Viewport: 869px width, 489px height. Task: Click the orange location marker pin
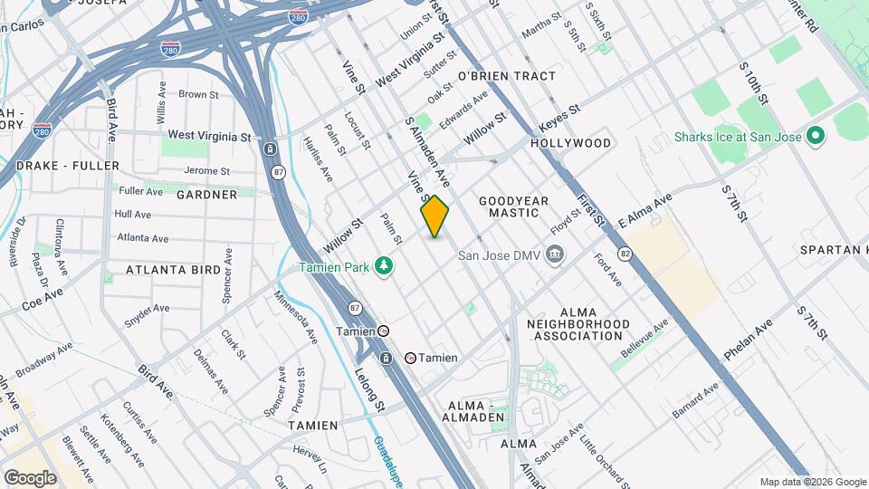coord(435,216)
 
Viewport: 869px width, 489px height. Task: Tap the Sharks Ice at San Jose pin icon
coord(815,138)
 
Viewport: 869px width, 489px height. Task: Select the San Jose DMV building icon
coord(555,255)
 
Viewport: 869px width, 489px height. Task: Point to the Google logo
coord(30,477)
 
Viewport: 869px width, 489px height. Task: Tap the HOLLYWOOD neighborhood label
coord(571,143)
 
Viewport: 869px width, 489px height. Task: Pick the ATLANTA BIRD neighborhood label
coord(173,270)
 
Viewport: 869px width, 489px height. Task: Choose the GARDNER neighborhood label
coord(207,194)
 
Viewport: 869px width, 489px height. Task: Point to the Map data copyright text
coord(812,482)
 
